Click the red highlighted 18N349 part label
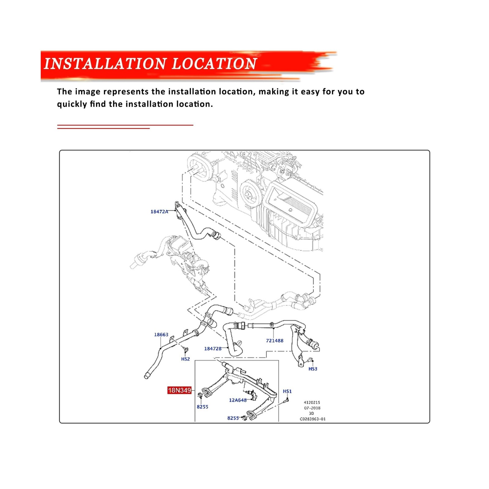click(x=179, y=390)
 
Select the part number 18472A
click(x=159, y=211)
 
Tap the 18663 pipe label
click(x=161, y=335)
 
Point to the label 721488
click(x=274, y=340)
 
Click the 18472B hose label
click(x=213, y=349)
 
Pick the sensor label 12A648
click(x=238, y=400)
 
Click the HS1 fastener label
click(x=287, y=391)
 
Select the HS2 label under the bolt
click(x=186, y=359)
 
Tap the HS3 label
click(x=313, y=369)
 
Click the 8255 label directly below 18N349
click(x=202, y=407)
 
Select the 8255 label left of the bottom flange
click(x=233, y=418)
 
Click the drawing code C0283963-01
click(x=313, y=419)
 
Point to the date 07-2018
click(x=312, y=408)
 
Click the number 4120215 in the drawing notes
click(x=312, y=403)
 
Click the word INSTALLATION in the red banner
click(x=105, y=64)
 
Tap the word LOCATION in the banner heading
click(x=214, y=64)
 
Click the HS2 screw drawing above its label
click(x=185, y=350)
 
